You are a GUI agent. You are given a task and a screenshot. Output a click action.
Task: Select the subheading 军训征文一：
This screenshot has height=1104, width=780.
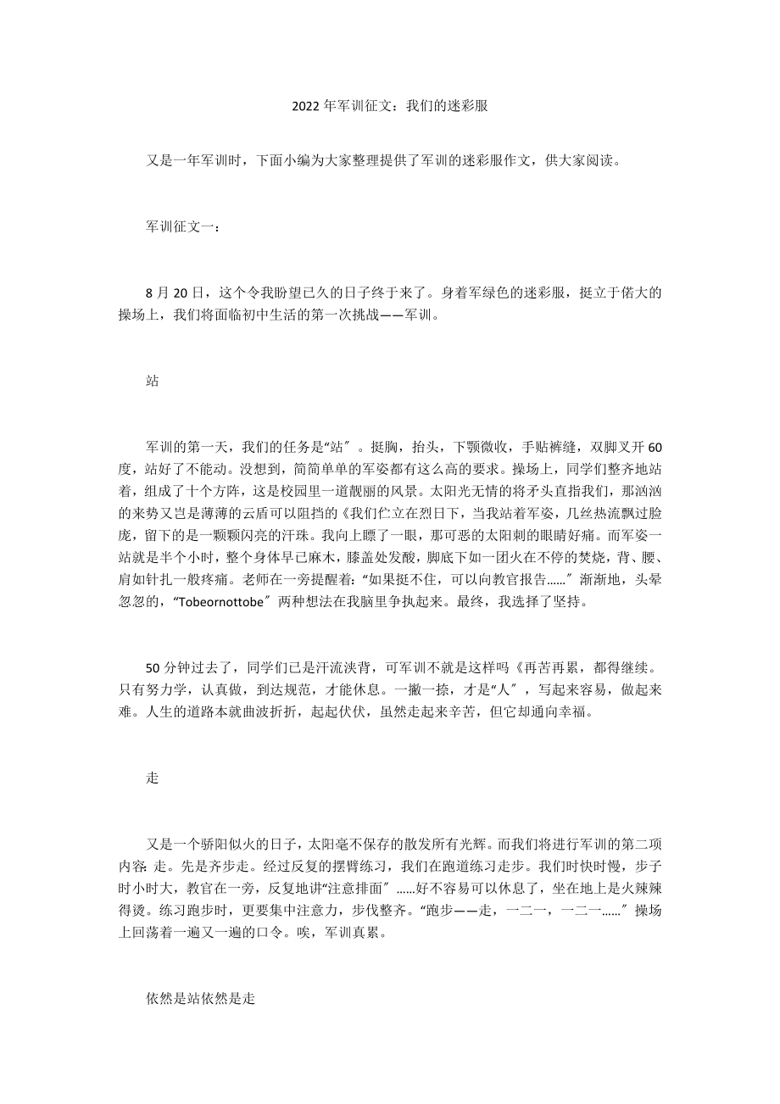(182, 227)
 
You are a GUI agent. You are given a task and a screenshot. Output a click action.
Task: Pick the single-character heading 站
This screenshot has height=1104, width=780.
(153, 382)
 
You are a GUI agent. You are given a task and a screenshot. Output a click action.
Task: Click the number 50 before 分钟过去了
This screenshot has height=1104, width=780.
(153, 669)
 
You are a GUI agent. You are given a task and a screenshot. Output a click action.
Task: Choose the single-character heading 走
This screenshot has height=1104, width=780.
(153, 779)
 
